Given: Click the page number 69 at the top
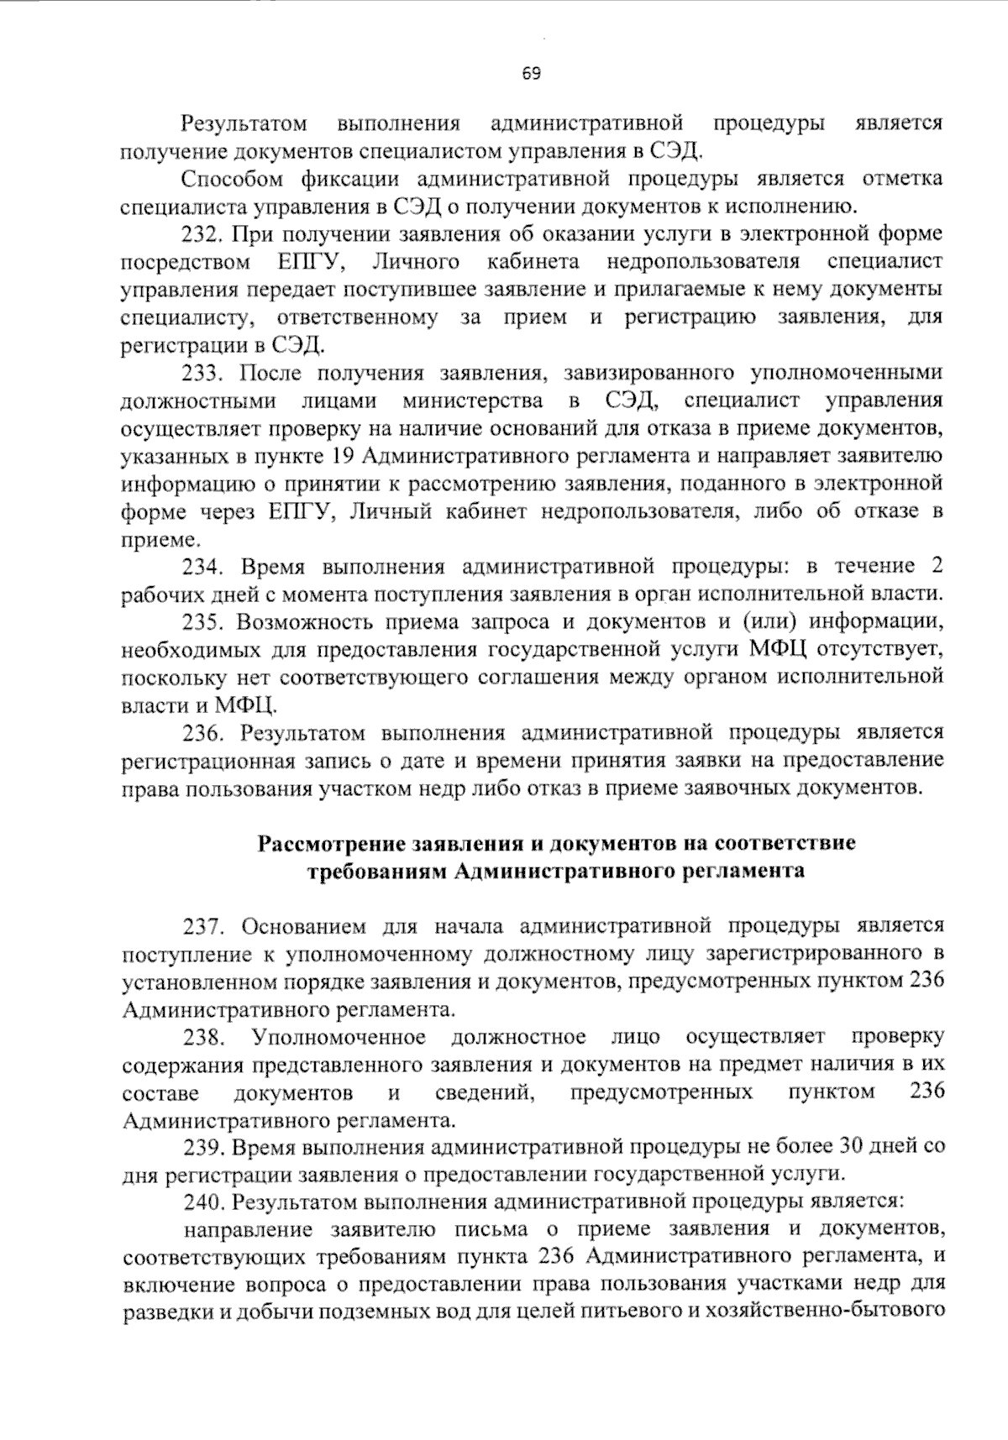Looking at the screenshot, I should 531,73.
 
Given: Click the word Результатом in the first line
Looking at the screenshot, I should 244,124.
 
